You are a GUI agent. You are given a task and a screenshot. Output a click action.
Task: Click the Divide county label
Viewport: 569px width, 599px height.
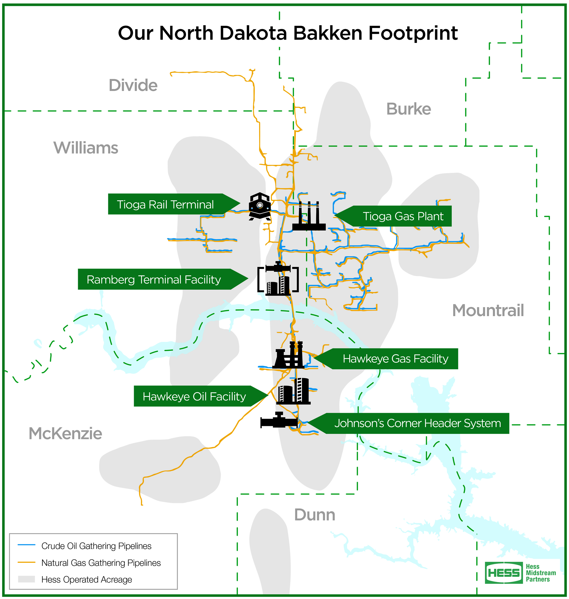tap(133, 85)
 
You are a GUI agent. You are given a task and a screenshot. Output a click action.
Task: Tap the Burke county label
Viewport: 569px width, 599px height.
tap(408, 109)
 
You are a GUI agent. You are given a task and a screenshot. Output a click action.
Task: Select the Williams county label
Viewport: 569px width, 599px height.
tap(86, 148)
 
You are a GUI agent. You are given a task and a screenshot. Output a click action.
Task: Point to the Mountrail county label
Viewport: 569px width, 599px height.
tap(488, 310)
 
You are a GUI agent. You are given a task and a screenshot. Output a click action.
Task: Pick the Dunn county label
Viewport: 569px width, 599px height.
tap(314, 515)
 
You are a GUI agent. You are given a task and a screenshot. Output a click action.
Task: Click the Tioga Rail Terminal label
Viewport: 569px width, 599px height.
tap(165, 205)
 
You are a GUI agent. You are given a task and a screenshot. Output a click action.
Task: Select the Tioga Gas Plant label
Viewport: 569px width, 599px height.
tap(403, 216)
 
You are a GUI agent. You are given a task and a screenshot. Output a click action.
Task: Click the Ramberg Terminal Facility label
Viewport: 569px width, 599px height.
tap(154, 279)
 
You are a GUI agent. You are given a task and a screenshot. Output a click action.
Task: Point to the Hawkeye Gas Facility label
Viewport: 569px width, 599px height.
tap(395, 359)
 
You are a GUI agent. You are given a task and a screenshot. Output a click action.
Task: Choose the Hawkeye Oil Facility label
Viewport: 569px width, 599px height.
tap(194, 396)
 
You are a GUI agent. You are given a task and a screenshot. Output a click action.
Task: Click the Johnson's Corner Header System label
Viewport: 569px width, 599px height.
tap(417, 423)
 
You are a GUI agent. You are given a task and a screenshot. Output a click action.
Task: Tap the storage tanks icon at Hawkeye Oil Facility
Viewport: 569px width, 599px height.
tap(293, 391)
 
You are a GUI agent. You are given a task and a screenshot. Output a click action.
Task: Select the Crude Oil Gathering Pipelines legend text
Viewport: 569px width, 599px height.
tap(96, 546)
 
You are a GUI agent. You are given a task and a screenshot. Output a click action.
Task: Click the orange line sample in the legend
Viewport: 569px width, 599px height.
tap(26, 562)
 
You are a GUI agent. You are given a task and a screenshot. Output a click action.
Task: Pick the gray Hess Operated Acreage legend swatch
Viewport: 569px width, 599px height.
tap(26, 579)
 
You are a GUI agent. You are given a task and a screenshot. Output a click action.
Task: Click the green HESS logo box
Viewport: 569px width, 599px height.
tap(504, 573)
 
